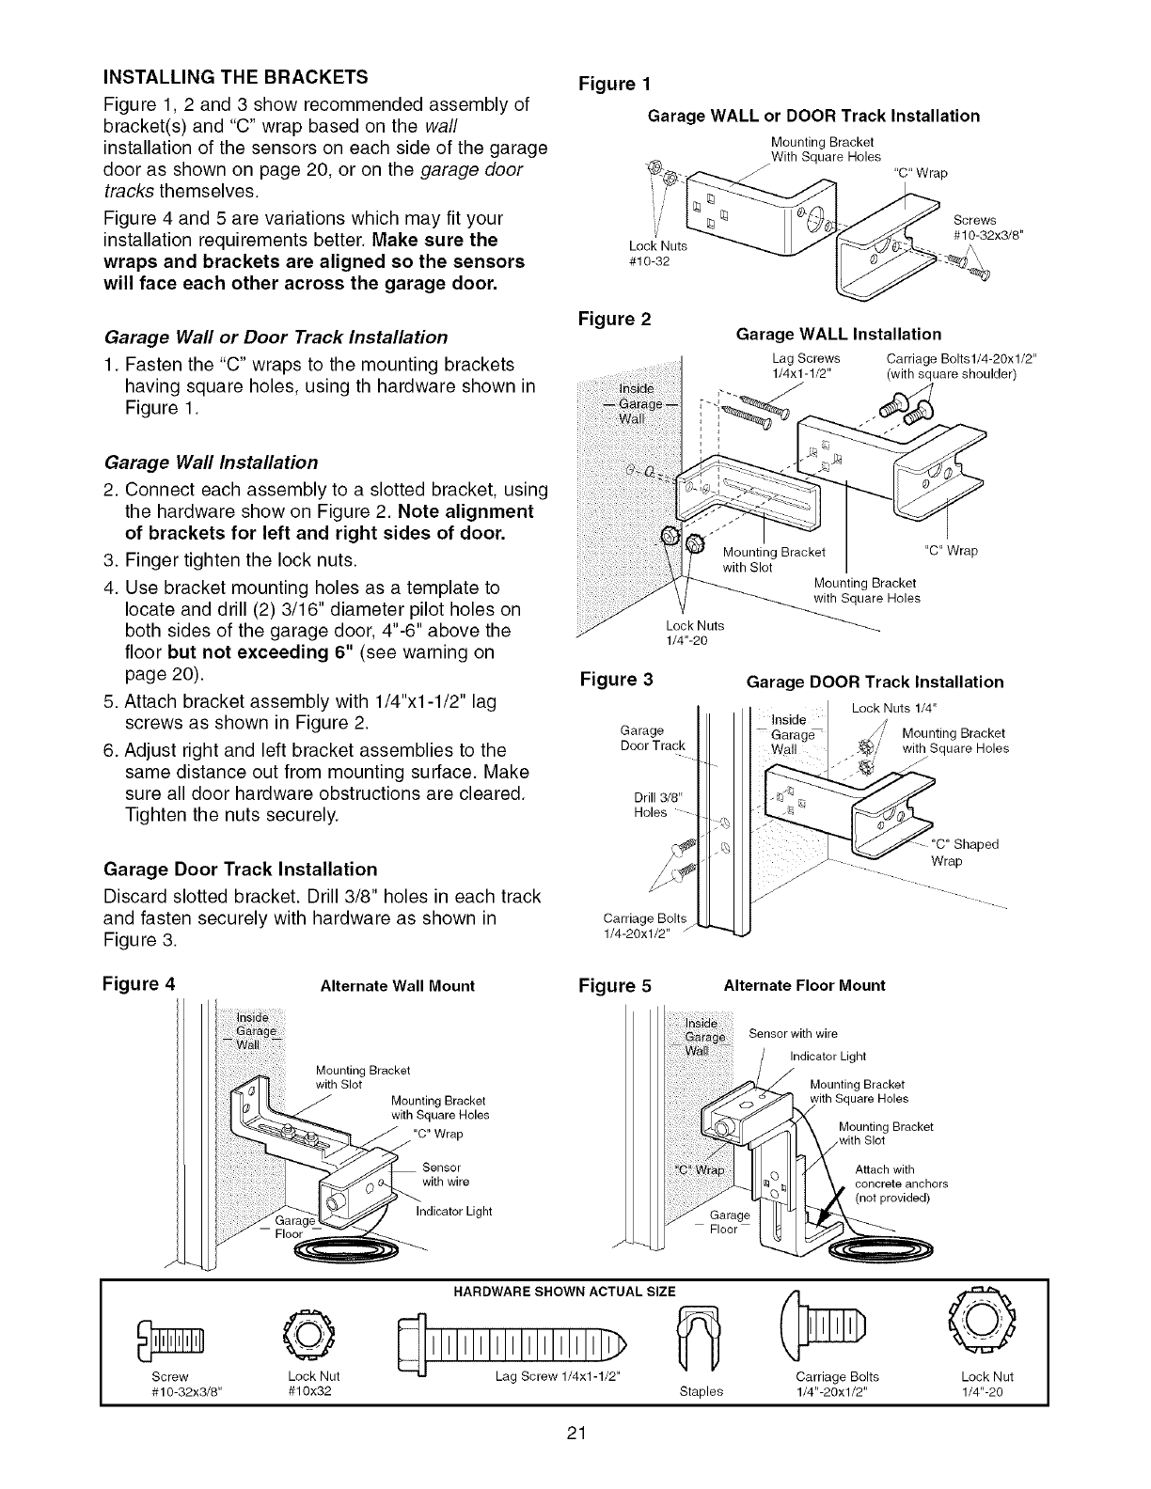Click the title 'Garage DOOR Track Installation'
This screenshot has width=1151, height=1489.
coord(874,682)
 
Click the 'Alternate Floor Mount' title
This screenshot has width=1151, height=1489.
coord(804,985)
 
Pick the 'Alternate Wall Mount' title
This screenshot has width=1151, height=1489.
coord(398,986)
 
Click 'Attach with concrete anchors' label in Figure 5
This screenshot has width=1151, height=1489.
coord(901,1183)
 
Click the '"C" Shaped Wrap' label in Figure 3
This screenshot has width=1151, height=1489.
coord(964,853)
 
